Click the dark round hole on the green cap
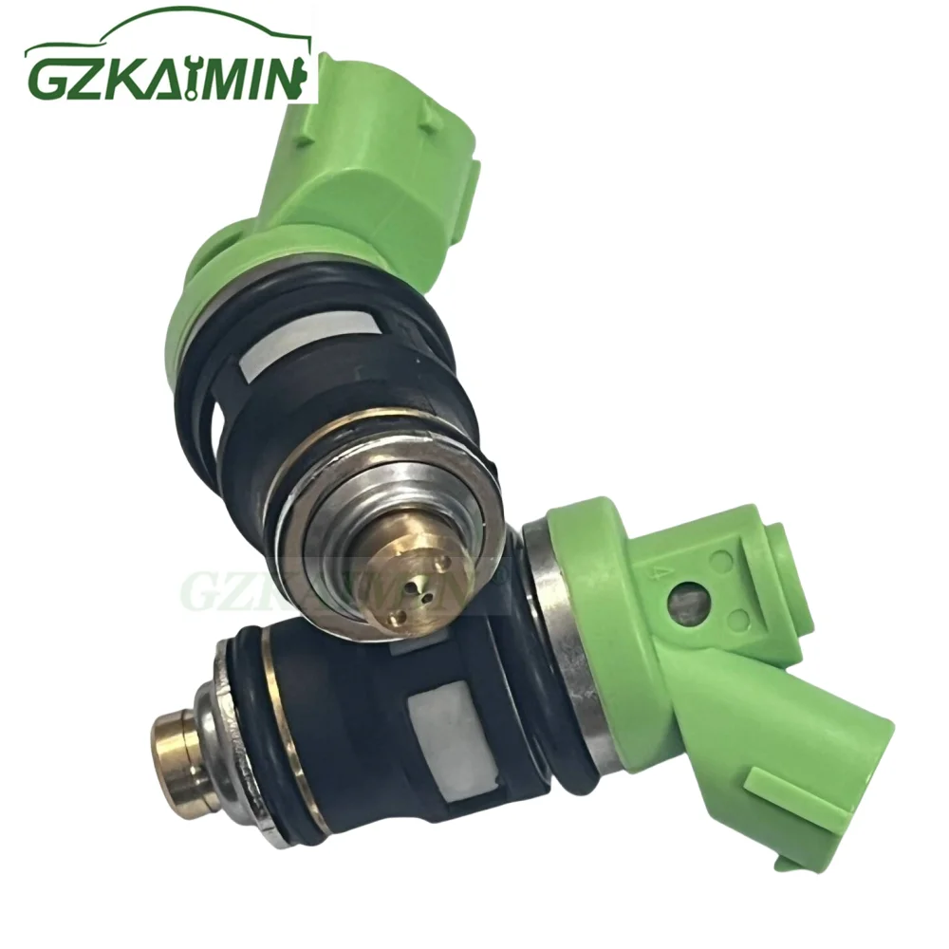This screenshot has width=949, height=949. coord(688,601)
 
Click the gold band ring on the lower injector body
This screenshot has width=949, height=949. coord(285,721)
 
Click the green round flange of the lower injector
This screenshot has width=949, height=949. coord(607,607)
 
